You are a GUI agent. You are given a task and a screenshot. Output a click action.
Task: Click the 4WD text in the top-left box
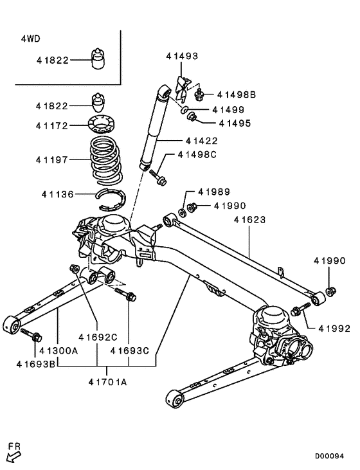point(30,39)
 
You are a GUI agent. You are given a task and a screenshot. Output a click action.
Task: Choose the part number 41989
point(213,192)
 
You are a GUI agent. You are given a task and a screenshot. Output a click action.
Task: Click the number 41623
point(249,221)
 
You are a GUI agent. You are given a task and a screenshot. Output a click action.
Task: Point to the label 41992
point(333,328)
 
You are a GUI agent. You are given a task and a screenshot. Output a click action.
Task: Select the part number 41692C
point(98,336)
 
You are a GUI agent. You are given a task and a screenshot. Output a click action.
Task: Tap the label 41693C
point(129,351)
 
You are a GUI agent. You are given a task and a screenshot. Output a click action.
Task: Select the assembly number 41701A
point(107,382)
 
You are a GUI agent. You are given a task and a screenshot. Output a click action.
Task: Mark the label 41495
point(235,123)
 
